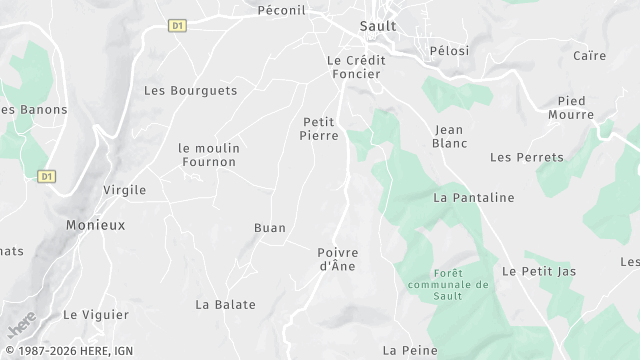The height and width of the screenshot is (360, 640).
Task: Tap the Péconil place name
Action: pyautogui.click(x=281, y=10)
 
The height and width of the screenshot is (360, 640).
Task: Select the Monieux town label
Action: pyautogui.click(x=96, y=225)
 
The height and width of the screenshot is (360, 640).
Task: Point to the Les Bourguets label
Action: pyautogui.click(x=191, y=90)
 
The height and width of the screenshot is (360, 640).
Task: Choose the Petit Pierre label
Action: pyautogui.click(x=320, y=128)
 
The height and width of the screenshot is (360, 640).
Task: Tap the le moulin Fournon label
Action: pyautogui.click(x=209, y=156)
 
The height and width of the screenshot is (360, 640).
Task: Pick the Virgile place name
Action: pyautogui.click(x=125, y=189)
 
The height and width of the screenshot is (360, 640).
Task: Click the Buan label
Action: pyautogui.click(x=270, y=228)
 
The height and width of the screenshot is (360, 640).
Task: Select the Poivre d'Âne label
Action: pyautogui.click(x=337, y=259)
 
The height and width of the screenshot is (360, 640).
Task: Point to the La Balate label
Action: pyautogui.click(x=225, y=304)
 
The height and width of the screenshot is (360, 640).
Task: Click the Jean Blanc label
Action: pyautogui.click(x=451, y=136)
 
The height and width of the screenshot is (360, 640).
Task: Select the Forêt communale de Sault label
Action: pyautogui.click(x=462, y=284)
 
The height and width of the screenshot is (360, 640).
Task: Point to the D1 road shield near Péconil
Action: pyautogui.click(x=178, y=25)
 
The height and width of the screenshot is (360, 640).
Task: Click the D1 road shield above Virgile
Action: pyautogui.click(x=46, y=176)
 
